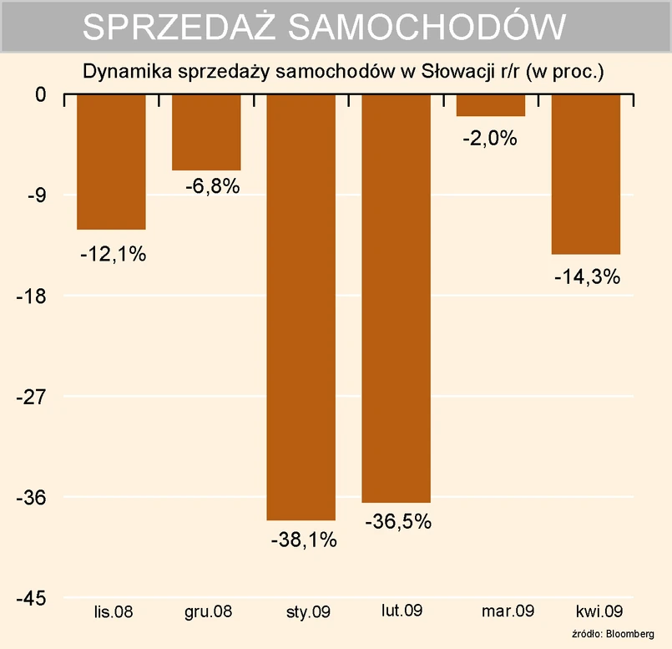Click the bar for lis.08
click(x=111, y=161)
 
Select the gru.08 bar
click(x=206, y=132)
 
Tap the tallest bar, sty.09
click(x=301, y=307)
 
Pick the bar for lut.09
click(x=396, y=298)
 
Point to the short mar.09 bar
click(x=491, y=105)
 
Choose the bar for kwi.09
click(x=586, y=174)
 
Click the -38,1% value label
click(x=303, y=540)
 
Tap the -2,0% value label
click(x=490, y=139)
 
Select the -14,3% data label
click(x=587, y=278)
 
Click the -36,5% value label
click(x=398, y=522)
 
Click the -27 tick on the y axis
click(x=31, y=397)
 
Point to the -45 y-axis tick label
click(x=31, y=598)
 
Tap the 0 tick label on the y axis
click(x=40, y=94)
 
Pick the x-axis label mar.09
click(x=508, y=611)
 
